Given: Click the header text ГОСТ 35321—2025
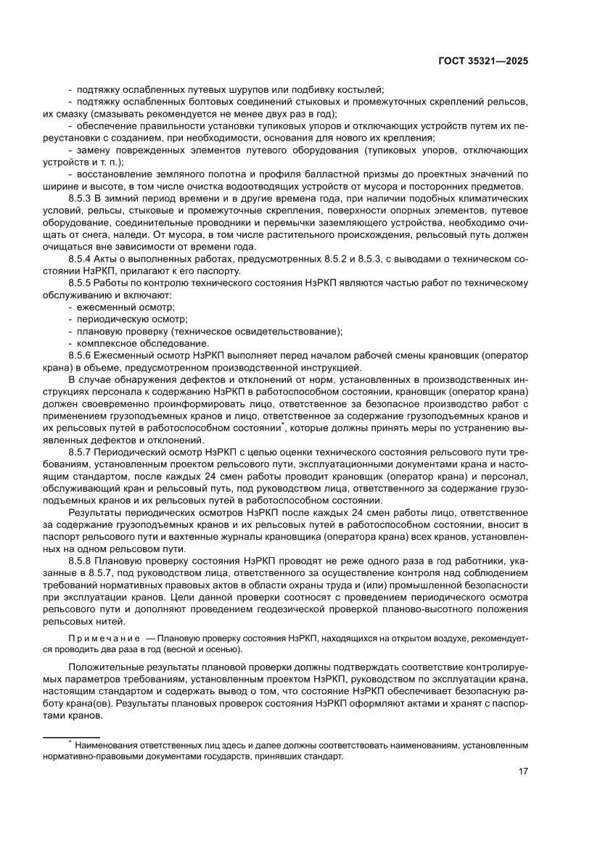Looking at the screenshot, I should pyautogui.click(x=482, y=62).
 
